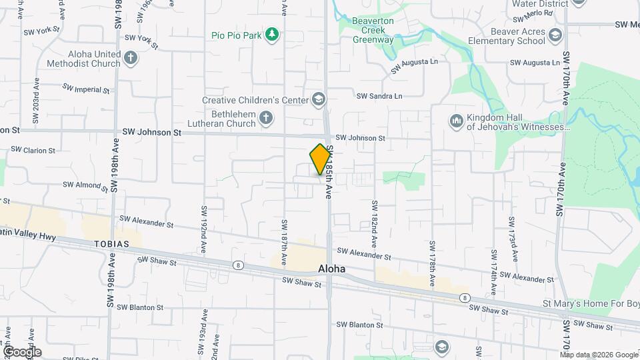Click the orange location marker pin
click(x=320, y=159)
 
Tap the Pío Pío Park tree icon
click(x=271, y=34)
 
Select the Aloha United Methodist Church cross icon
click(x=131, y=58)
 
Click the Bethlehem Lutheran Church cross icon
click(x=266, y=119)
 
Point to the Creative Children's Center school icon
click(x=319, y=100)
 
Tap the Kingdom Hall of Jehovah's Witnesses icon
click(x=457, y=121)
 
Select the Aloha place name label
click(x=331, y=268)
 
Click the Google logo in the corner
click(x=21, y=352)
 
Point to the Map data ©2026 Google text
click(x=598, y=355)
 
